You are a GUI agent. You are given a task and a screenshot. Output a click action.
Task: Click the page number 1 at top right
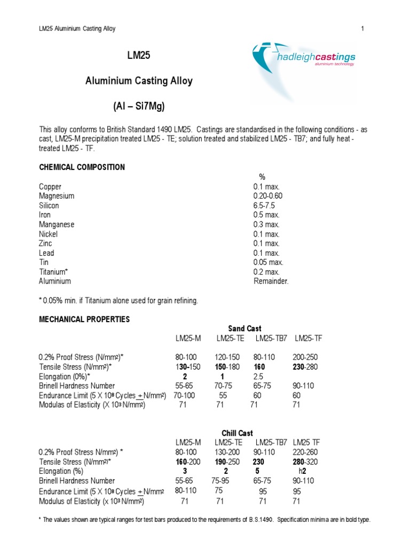(362, 28)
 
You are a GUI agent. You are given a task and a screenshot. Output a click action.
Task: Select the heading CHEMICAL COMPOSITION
(82, 167)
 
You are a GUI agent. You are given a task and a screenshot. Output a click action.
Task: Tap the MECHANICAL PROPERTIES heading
(84, 319)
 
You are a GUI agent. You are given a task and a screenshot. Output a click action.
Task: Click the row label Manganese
(57, 225)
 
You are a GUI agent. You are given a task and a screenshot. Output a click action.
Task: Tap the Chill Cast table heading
(238, 433)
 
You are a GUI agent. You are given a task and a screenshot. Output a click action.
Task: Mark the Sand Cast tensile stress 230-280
(305, 367)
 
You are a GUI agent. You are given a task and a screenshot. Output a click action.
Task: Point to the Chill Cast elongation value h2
(302, 471)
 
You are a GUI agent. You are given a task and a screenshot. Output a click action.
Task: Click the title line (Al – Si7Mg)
(139, 107)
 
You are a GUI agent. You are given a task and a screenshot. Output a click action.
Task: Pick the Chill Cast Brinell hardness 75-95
(223, 481)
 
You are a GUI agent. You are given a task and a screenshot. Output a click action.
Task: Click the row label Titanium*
(55, 272)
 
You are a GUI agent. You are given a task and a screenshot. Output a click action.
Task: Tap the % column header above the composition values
(262, 177)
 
